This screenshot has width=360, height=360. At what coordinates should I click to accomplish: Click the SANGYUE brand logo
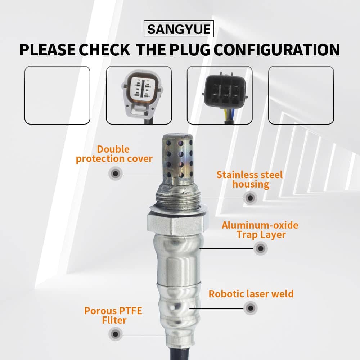179,29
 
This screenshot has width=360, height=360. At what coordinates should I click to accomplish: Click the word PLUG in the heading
190,50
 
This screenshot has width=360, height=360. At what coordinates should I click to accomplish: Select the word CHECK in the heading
105,50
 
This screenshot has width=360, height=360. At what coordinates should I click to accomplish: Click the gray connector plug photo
142,95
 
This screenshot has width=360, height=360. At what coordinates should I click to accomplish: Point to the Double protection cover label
114,154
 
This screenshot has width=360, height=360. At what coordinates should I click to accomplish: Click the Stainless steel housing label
249,180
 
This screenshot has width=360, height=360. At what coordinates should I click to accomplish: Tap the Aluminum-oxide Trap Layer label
260,230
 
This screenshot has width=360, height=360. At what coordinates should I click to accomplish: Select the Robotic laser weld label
251,294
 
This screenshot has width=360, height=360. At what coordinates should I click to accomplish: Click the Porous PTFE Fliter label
113,315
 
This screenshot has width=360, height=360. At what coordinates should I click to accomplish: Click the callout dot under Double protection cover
116,174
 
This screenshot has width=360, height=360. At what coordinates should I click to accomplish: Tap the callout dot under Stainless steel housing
250,198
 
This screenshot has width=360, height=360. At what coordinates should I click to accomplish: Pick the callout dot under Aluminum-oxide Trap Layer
261,248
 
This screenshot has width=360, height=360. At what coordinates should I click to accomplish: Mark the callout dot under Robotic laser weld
251,308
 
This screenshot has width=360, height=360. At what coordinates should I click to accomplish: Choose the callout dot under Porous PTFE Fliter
116,334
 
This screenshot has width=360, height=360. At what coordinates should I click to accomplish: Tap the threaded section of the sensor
177,199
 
